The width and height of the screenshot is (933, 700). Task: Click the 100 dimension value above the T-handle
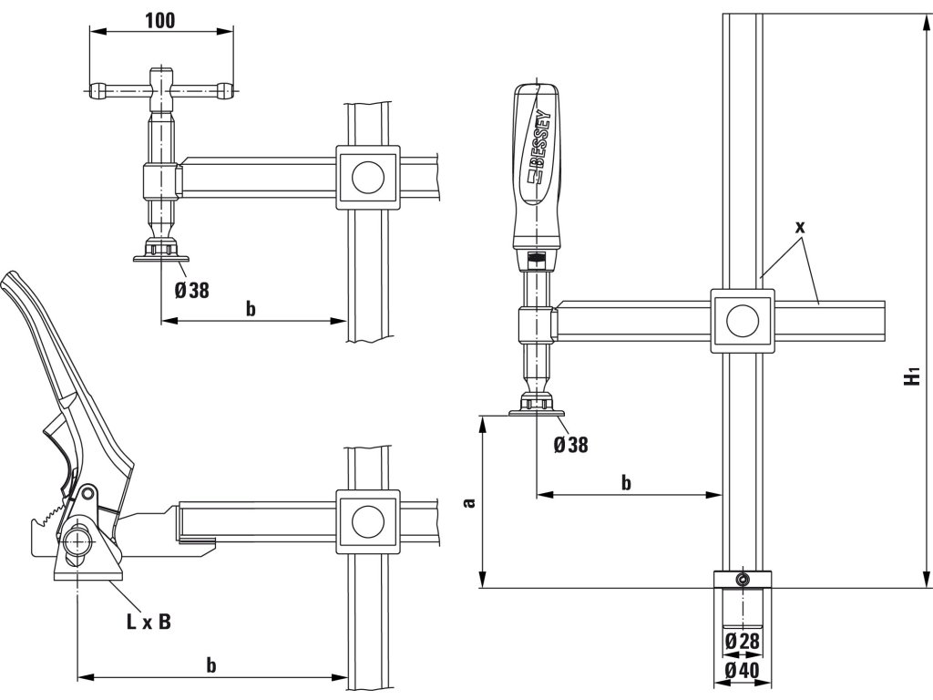159,20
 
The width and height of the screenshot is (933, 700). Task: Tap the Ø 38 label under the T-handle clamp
191,290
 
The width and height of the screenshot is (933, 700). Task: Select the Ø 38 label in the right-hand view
570,445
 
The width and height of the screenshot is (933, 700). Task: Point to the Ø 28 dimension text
743,642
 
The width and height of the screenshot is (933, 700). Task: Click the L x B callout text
148,623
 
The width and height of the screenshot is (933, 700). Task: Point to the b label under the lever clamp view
211,665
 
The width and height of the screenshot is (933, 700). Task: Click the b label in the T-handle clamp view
251,309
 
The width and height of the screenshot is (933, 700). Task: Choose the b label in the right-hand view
626,482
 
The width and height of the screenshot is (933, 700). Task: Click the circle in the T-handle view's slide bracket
368,176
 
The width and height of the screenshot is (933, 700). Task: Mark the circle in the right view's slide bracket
742,321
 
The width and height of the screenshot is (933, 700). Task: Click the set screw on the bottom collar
744,580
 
